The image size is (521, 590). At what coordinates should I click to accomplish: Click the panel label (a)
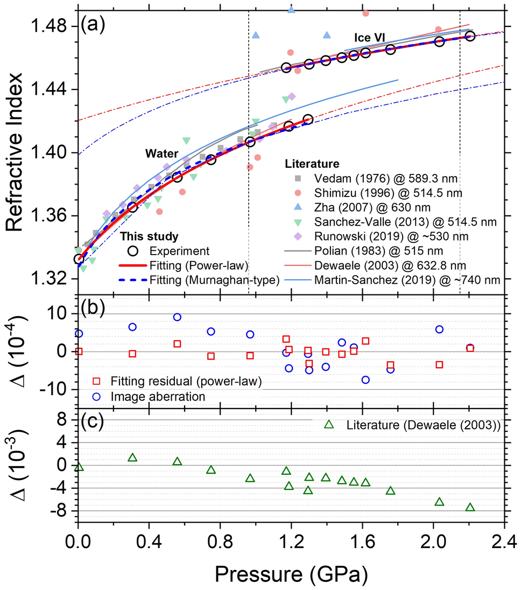[94, 24]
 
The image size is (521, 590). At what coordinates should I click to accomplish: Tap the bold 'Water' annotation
[161, 153]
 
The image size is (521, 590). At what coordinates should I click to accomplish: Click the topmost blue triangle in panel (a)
[291, 10]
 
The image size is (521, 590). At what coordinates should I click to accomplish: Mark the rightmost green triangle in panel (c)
[470, 507]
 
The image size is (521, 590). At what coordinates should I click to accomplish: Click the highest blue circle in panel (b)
[177, 317]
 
